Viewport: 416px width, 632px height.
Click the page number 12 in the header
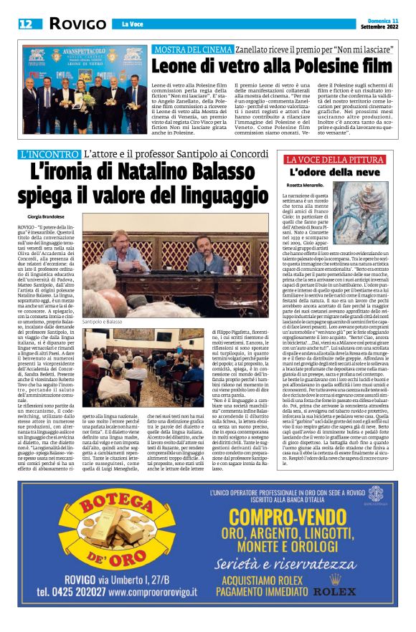[26, 24]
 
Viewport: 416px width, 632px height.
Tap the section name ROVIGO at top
[77, 24]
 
